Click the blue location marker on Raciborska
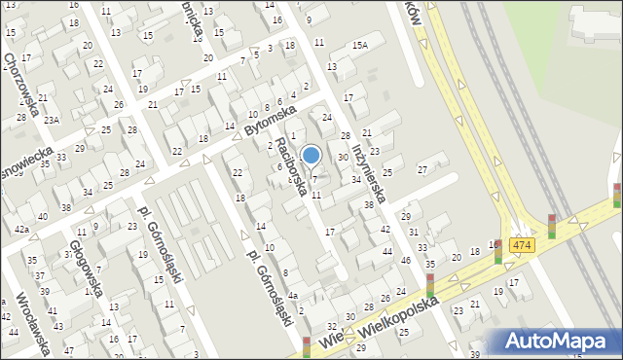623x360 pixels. [311, 155]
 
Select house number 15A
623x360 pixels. [361, 45]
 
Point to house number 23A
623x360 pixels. [51, 120]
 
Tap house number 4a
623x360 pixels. [291, 294]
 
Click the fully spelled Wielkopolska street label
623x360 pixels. [404, 315]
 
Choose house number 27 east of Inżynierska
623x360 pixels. [422, 170]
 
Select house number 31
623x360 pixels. [414, 232]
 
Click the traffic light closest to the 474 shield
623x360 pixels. [498, 251]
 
